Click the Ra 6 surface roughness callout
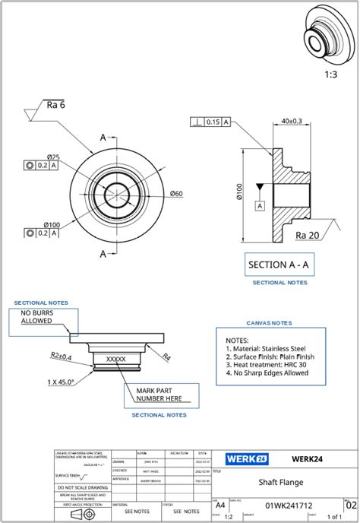[x=55, y=105]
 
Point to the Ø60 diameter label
[x=175, y=193]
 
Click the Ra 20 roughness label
[x=308, y=235]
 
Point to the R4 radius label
[x=167, y=355]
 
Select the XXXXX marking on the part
[x=115, y=359]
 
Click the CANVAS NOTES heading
[x=269, y=322]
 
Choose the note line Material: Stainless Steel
[x=271, y=348]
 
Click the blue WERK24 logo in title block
[x=246, y=458]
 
